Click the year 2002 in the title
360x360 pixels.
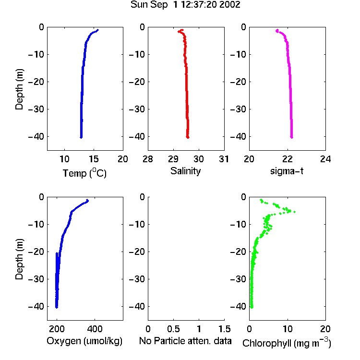[229, 4]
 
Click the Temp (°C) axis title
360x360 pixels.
[84, 173]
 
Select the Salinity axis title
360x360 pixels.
[185, 171]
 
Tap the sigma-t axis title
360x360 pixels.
[287, 171]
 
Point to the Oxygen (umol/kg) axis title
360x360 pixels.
[84, 341]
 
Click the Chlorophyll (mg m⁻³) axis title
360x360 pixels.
[287, 342]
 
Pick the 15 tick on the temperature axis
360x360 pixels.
[94, 159]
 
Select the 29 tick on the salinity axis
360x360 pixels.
[173, 159]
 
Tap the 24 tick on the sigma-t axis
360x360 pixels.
[325, 159]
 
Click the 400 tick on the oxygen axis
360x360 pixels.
[95, 329]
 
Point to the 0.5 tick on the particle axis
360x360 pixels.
[173, 329]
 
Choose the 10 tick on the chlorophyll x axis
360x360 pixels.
[288, 329]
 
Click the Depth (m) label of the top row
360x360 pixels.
[19, 89]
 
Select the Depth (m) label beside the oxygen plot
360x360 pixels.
[19, 259]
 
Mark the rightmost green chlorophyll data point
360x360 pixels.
[294, 212]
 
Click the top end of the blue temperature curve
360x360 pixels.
[98, 30]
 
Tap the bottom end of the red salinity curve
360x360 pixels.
[188, 138]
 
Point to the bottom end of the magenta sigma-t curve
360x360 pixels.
[291, 138]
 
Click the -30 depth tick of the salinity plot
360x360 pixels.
[137, 109]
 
